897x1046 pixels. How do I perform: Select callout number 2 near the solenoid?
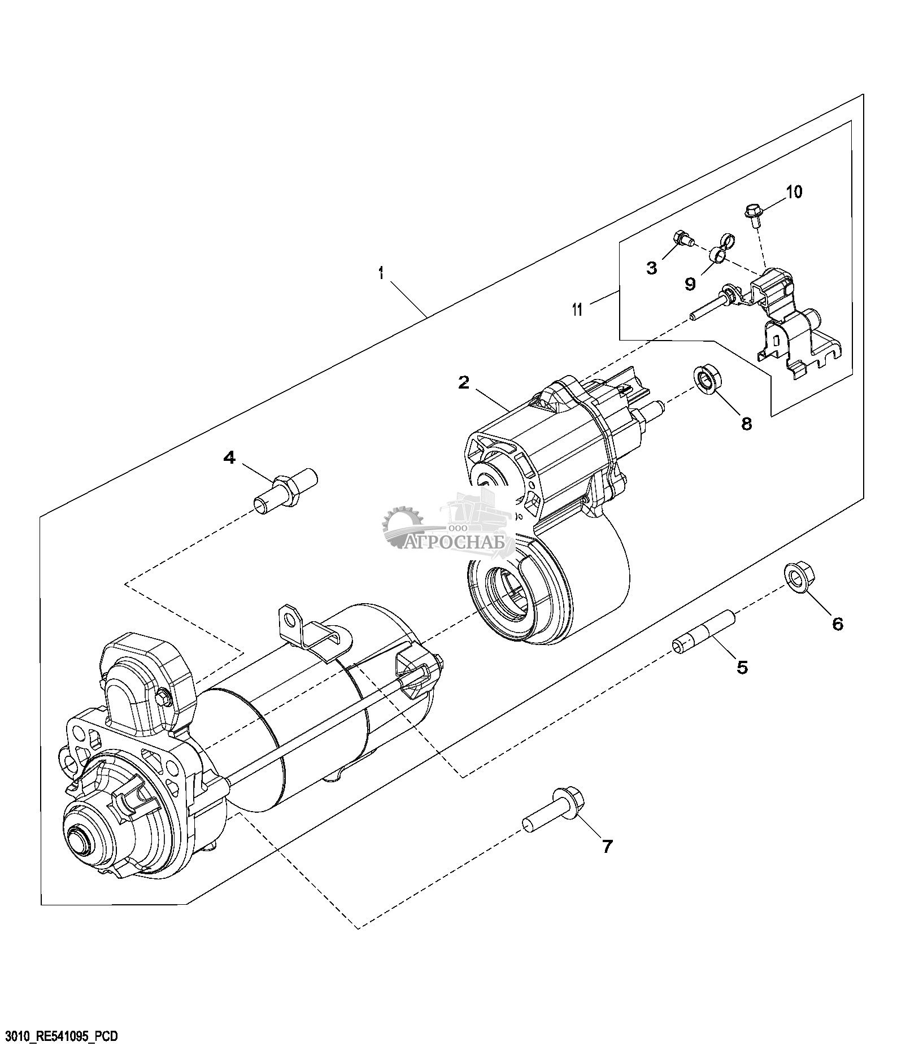click(x=463, y=382)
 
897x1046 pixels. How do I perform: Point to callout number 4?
click(x=229, y=457)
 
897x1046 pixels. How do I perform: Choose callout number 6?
click(x=837, y=624)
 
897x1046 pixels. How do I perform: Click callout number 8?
click(x=747, y=424)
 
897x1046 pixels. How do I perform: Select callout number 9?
click(x=690, y=284)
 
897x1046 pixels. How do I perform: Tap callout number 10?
click(x=794, y=192)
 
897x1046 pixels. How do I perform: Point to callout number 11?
click(x=577, y=310)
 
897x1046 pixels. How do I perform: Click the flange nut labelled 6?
click(x=796, y=577)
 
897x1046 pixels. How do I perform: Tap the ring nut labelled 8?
click(x=706, y=378)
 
